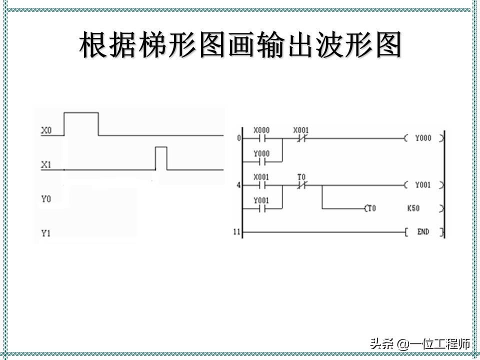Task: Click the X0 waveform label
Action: (45, 131)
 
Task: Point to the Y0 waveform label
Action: (45, 199)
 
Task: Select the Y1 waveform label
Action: (45, 233)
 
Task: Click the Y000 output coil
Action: (423, 138)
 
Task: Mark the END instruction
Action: (423, 232)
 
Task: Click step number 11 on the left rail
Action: (236, 232)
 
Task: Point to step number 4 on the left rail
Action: (238, 185)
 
